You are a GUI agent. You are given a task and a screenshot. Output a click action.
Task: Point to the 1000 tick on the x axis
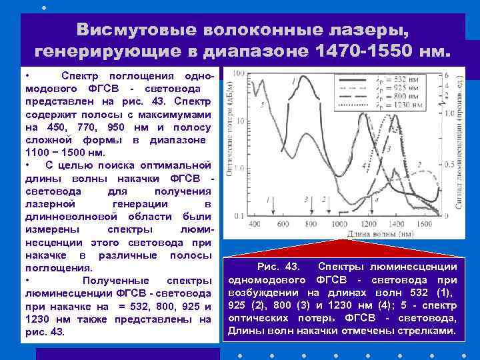pyautogui.click(x=340, y=224)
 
